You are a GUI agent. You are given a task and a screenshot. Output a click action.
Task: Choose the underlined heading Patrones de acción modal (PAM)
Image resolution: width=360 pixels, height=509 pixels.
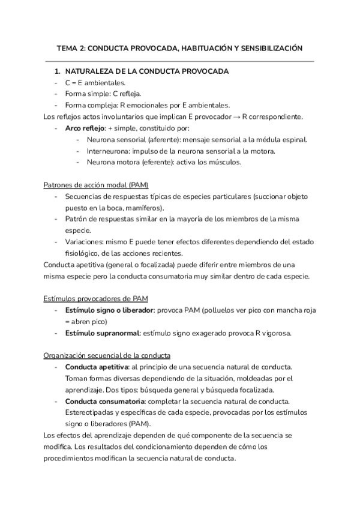tap(96, 185)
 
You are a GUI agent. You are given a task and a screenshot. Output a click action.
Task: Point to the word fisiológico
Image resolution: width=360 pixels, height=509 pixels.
tap(81, 253)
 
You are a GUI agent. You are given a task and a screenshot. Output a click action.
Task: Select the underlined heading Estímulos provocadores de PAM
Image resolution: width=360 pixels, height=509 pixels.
tap(96, 298)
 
